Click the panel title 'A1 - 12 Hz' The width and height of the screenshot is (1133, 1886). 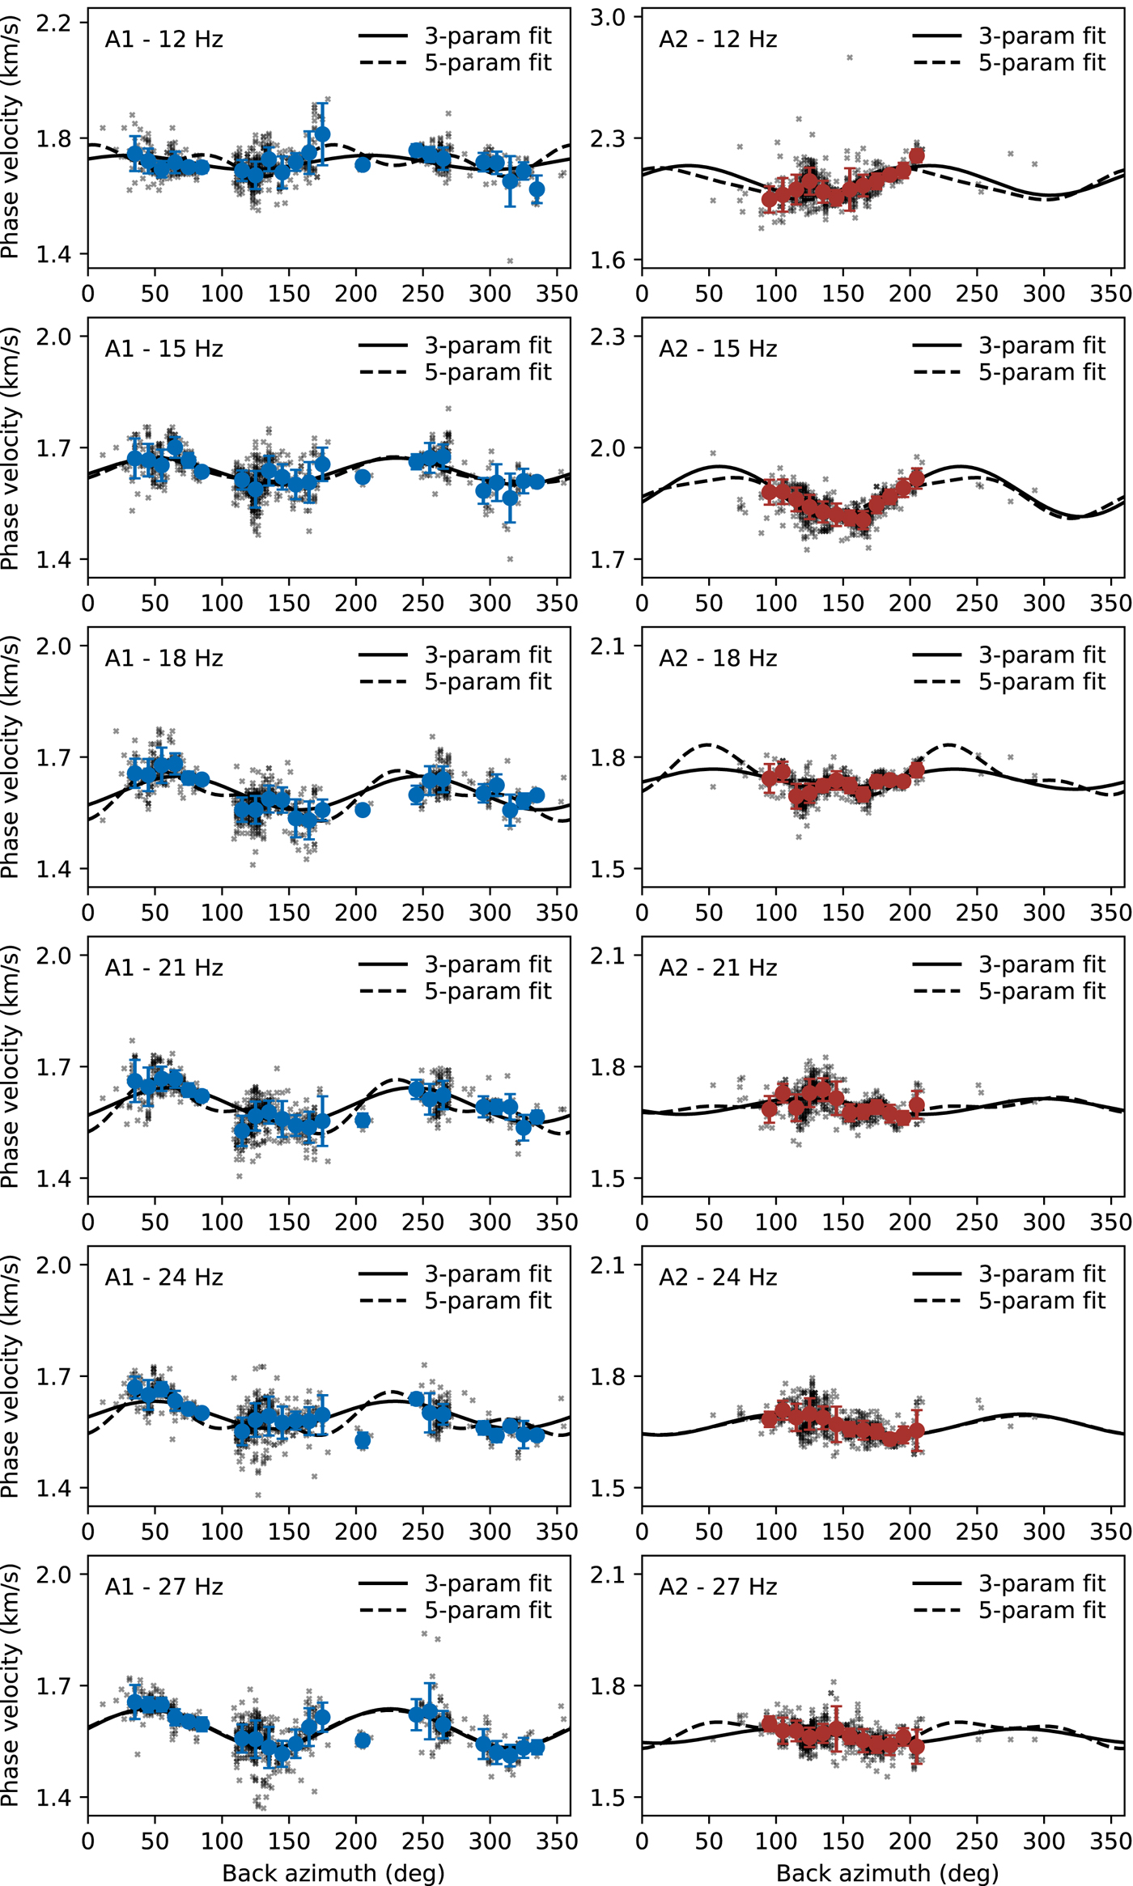click(163, 40)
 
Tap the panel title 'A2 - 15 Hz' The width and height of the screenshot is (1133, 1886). click(718, 350)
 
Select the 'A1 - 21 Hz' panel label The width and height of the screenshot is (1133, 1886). click(163, 968)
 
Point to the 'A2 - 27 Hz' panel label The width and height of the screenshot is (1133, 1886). click(718, 1587)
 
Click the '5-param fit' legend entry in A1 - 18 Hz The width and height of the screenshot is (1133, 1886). click(488, 682)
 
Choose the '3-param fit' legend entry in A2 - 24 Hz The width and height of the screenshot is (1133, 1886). click(1042, 1274)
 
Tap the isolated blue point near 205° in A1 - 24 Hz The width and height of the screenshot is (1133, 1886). click(363, 1440)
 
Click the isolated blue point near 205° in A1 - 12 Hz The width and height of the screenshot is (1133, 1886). click(363, 164)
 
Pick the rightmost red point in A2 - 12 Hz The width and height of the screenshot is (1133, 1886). click(916, 156)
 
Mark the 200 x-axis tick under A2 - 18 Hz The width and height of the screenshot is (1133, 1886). click(910, 913)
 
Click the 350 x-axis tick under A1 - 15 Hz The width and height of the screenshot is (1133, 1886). click(557, 604)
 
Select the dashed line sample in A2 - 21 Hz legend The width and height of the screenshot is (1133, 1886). click(937, 992)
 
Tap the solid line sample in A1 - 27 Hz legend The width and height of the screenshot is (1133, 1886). click(383, 1584)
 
